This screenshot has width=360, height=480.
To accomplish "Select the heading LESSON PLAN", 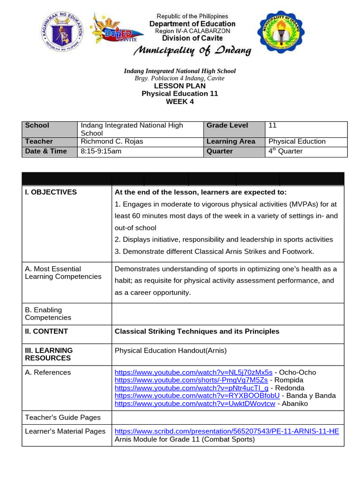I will click(180, 86).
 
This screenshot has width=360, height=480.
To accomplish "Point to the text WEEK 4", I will click(180, 101).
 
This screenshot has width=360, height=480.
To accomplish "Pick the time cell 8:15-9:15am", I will click(101, 151).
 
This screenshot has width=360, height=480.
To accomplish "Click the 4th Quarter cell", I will click(285, 151).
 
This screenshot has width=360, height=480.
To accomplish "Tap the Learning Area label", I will click(231, 141).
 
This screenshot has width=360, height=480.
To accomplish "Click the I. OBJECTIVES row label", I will click(51, 192).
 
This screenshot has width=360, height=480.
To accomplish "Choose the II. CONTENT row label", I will click(46, 331).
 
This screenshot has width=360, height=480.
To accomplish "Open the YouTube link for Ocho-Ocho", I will click(194, 372).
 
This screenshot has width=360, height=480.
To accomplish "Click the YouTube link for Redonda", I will click(192, 388).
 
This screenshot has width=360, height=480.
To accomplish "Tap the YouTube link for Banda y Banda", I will click(197, 396).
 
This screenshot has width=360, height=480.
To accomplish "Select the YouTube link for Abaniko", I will click(195, 404).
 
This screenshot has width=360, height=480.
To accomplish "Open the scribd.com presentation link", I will click(226, 431).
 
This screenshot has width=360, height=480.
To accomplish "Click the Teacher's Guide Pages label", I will click(62, 418).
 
